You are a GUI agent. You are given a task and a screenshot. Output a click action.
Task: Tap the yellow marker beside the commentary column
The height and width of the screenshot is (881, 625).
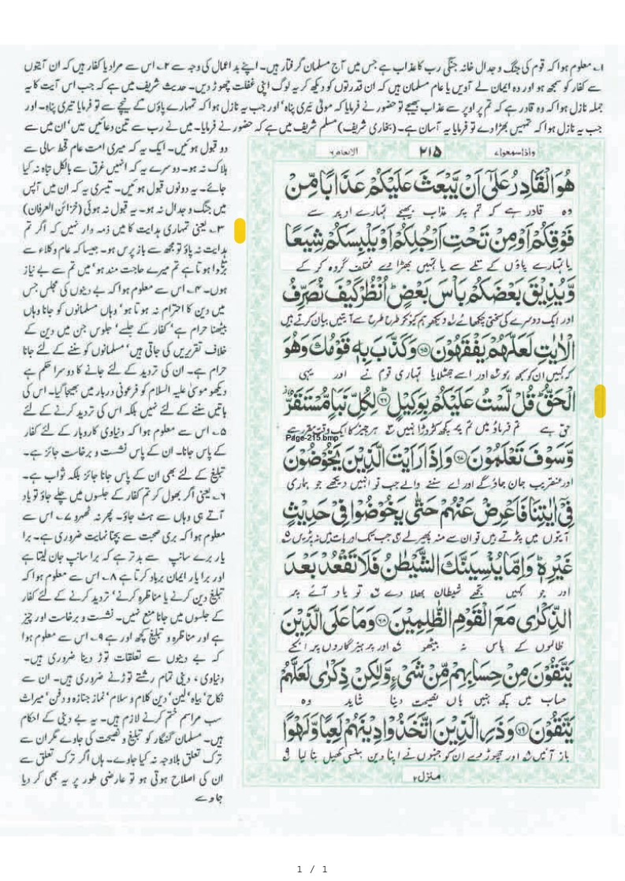pyautogui.click(x=240, y=231)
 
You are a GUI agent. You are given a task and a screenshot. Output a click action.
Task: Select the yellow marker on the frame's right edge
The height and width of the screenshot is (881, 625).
pyautogui.click(x=600, y=401)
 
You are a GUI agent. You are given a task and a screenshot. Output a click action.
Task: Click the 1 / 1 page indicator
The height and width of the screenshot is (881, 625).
pyautogui.click(x=312, y=868)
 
